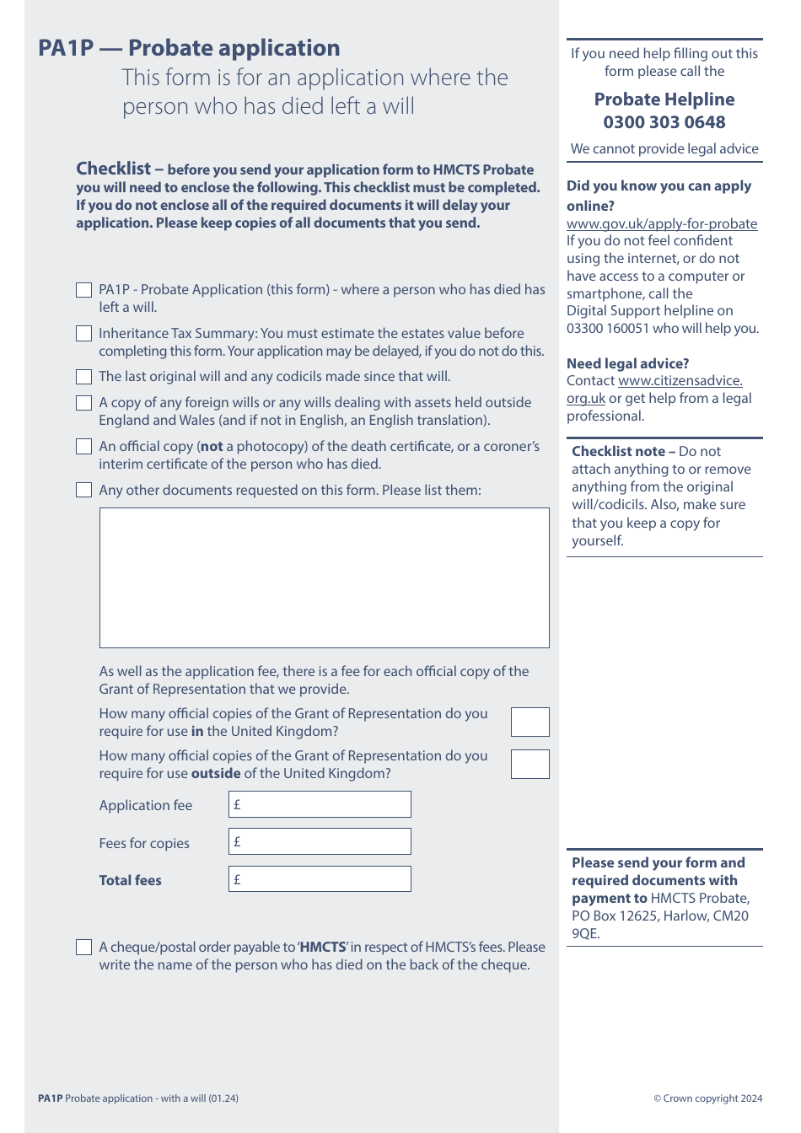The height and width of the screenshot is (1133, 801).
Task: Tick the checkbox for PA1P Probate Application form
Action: point(83,290)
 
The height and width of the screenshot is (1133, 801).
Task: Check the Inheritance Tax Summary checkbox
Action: point(83,334)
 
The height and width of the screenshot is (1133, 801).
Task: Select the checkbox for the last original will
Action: point(83,377)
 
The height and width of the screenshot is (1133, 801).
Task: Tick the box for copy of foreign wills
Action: point(83,403)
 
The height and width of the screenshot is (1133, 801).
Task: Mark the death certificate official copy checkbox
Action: point(83,447)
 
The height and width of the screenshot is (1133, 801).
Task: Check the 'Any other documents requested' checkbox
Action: point(83,490)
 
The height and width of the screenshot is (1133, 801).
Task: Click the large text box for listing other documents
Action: point(324,577)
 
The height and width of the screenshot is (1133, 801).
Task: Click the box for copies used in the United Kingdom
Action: point(530,722)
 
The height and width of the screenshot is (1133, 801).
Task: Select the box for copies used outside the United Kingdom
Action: point(530,765)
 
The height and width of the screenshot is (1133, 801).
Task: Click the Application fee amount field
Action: point(320,804)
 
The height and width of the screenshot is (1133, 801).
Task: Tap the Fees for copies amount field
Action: point(320,841)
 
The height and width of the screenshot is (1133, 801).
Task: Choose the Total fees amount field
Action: point(320,879)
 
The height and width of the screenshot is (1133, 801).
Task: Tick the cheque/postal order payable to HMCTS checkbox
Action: point(83,948)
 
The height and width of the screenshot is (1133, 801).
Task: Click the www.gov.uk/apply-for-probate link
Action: point(662,223)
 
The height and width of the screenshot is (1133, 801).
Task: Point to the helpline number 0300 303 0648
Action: point(664,122)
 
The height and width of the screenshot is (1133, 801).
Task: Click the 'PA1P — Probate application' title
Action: point(189,48)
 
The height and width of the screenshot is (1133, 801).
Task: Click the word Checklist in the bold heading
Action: point(114,169)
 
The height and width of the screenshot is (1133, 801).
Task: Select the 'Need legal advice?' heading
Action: point(627,363)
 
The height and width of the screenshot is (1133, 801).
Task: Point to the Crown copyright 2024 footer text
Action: point(707,1098)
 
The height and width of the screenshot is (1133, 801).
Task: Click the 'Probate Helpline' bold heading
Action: point(664,99)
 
